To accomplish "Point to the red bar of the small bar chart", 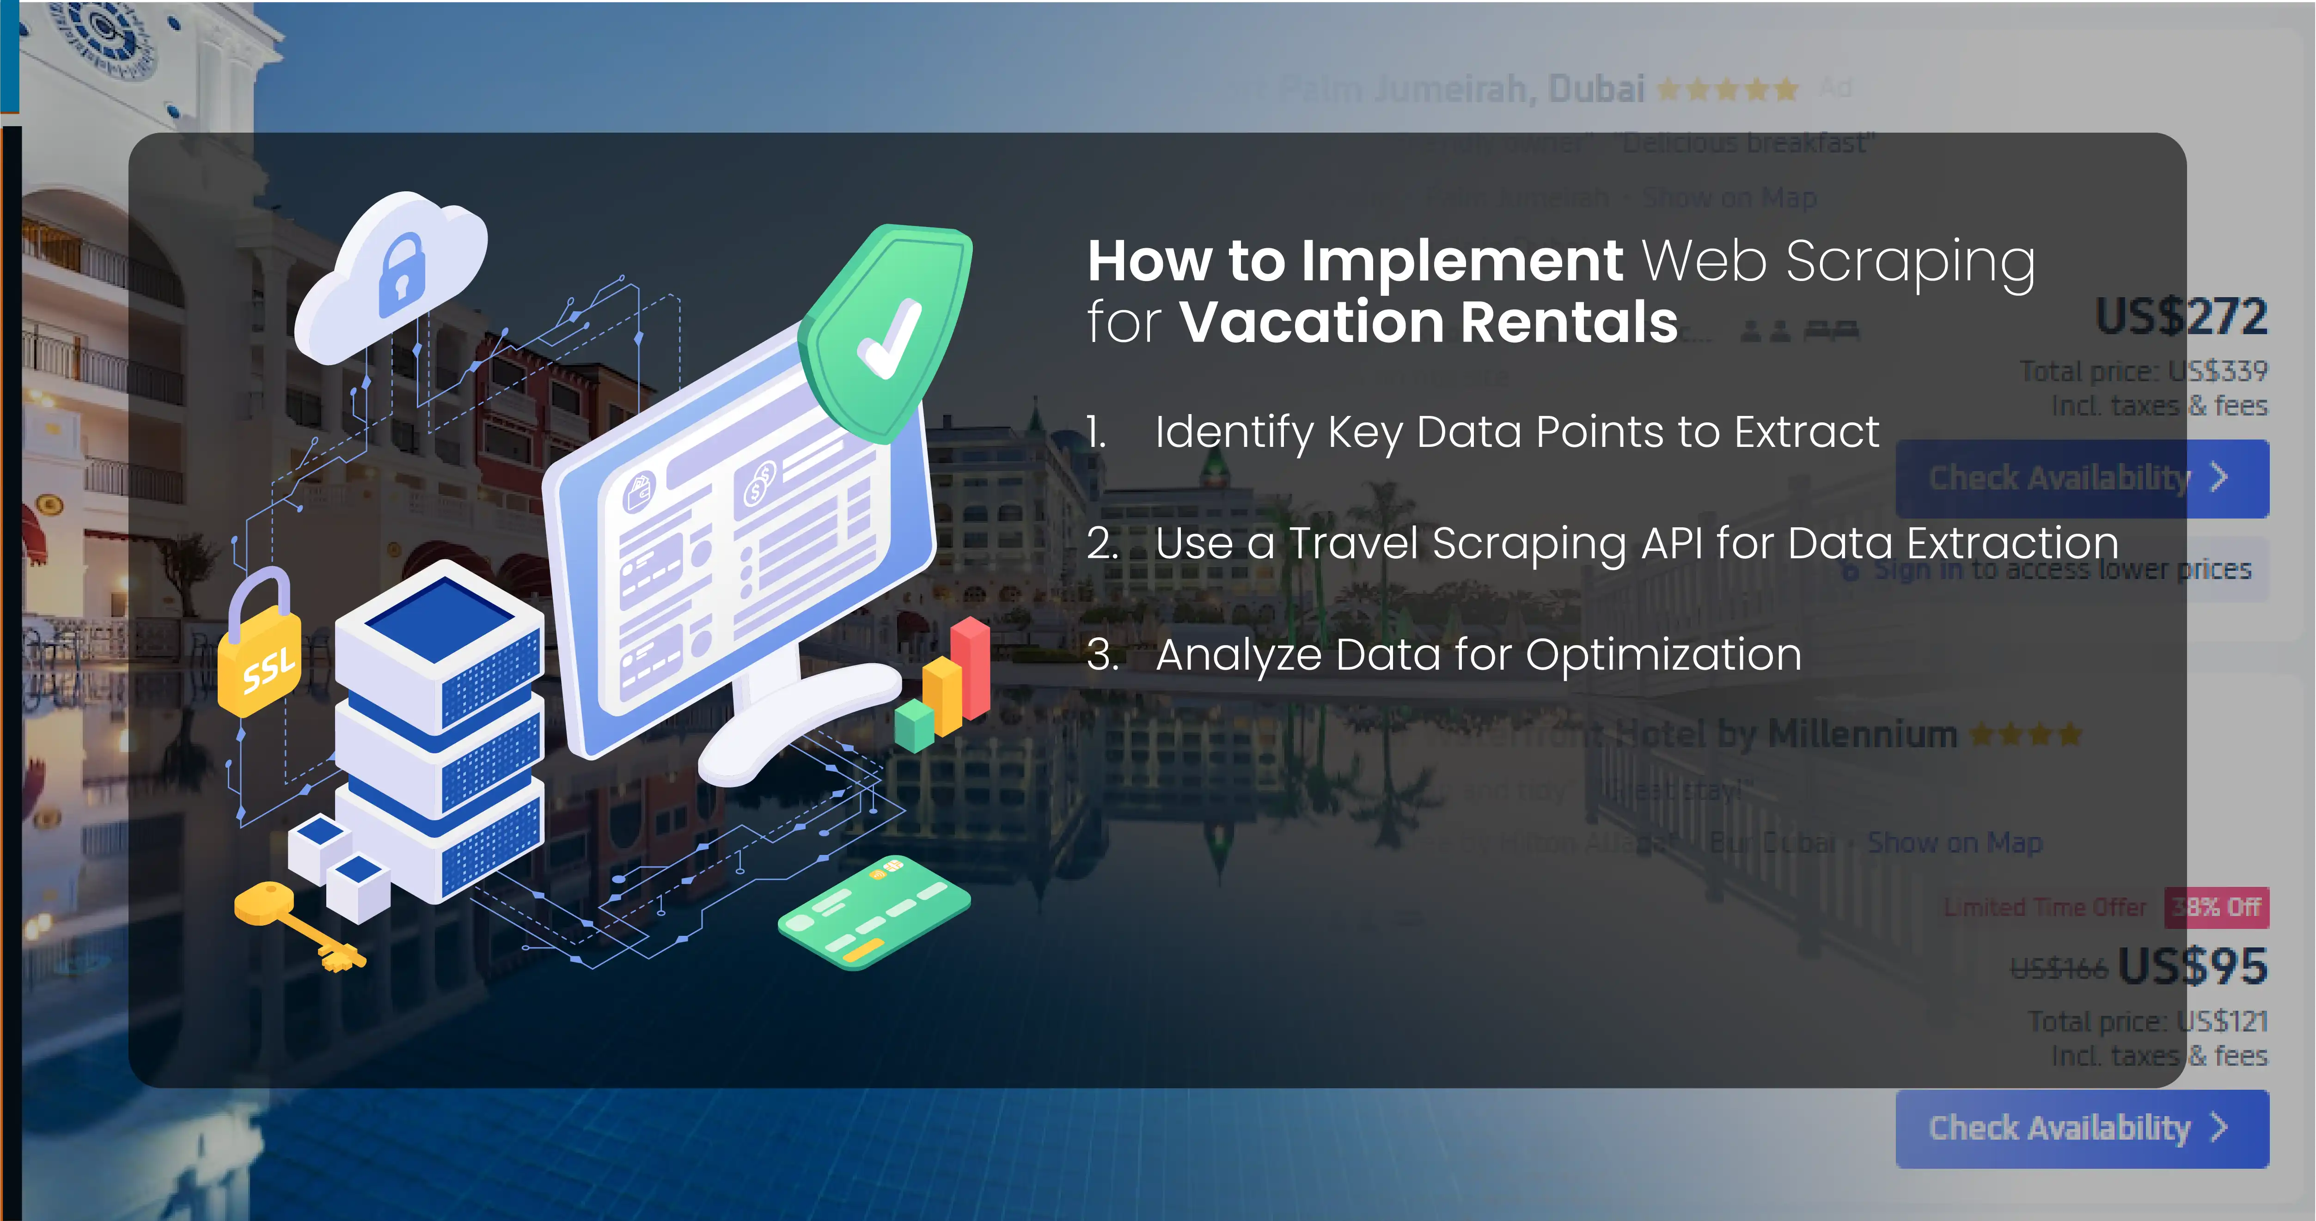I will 971,665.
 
